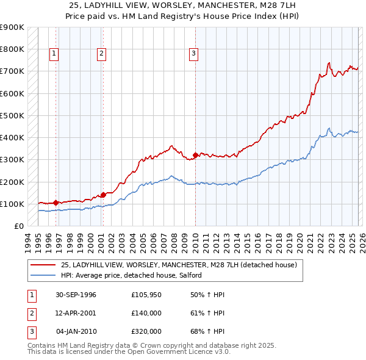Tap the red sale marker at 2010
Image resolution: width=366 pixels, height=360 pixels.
tap(195, 155)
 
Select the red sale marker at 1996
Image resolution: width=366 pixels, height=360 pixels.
tap(56, 202)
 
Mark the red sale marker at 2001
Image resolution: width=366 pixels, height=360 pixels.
tap(103, 195)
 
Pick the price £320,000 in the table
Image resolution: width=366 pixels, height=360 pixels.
tap(146, 331)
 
